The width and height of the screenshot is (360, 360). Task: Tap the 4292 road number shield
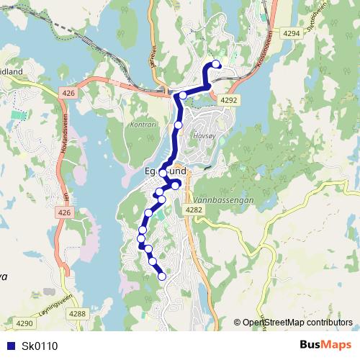click(229, 100)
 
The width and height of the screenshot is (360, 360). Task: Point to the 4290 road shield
click(25, 324)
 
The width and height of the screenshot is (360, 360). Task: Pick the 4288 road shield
click(77, 313)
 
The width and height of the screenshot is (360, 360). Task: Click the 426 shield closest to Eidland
click(68, 93)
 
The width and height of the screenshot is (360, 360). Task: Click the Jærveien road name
click(153, 56)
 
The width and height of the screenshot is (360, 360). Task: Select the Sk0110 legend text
click(40, 346)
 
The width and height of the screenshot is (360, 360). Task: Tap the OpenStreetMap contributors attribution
click(297, 323)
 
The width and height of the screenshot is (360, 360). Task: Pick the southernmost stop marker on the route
click(161, 276)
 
